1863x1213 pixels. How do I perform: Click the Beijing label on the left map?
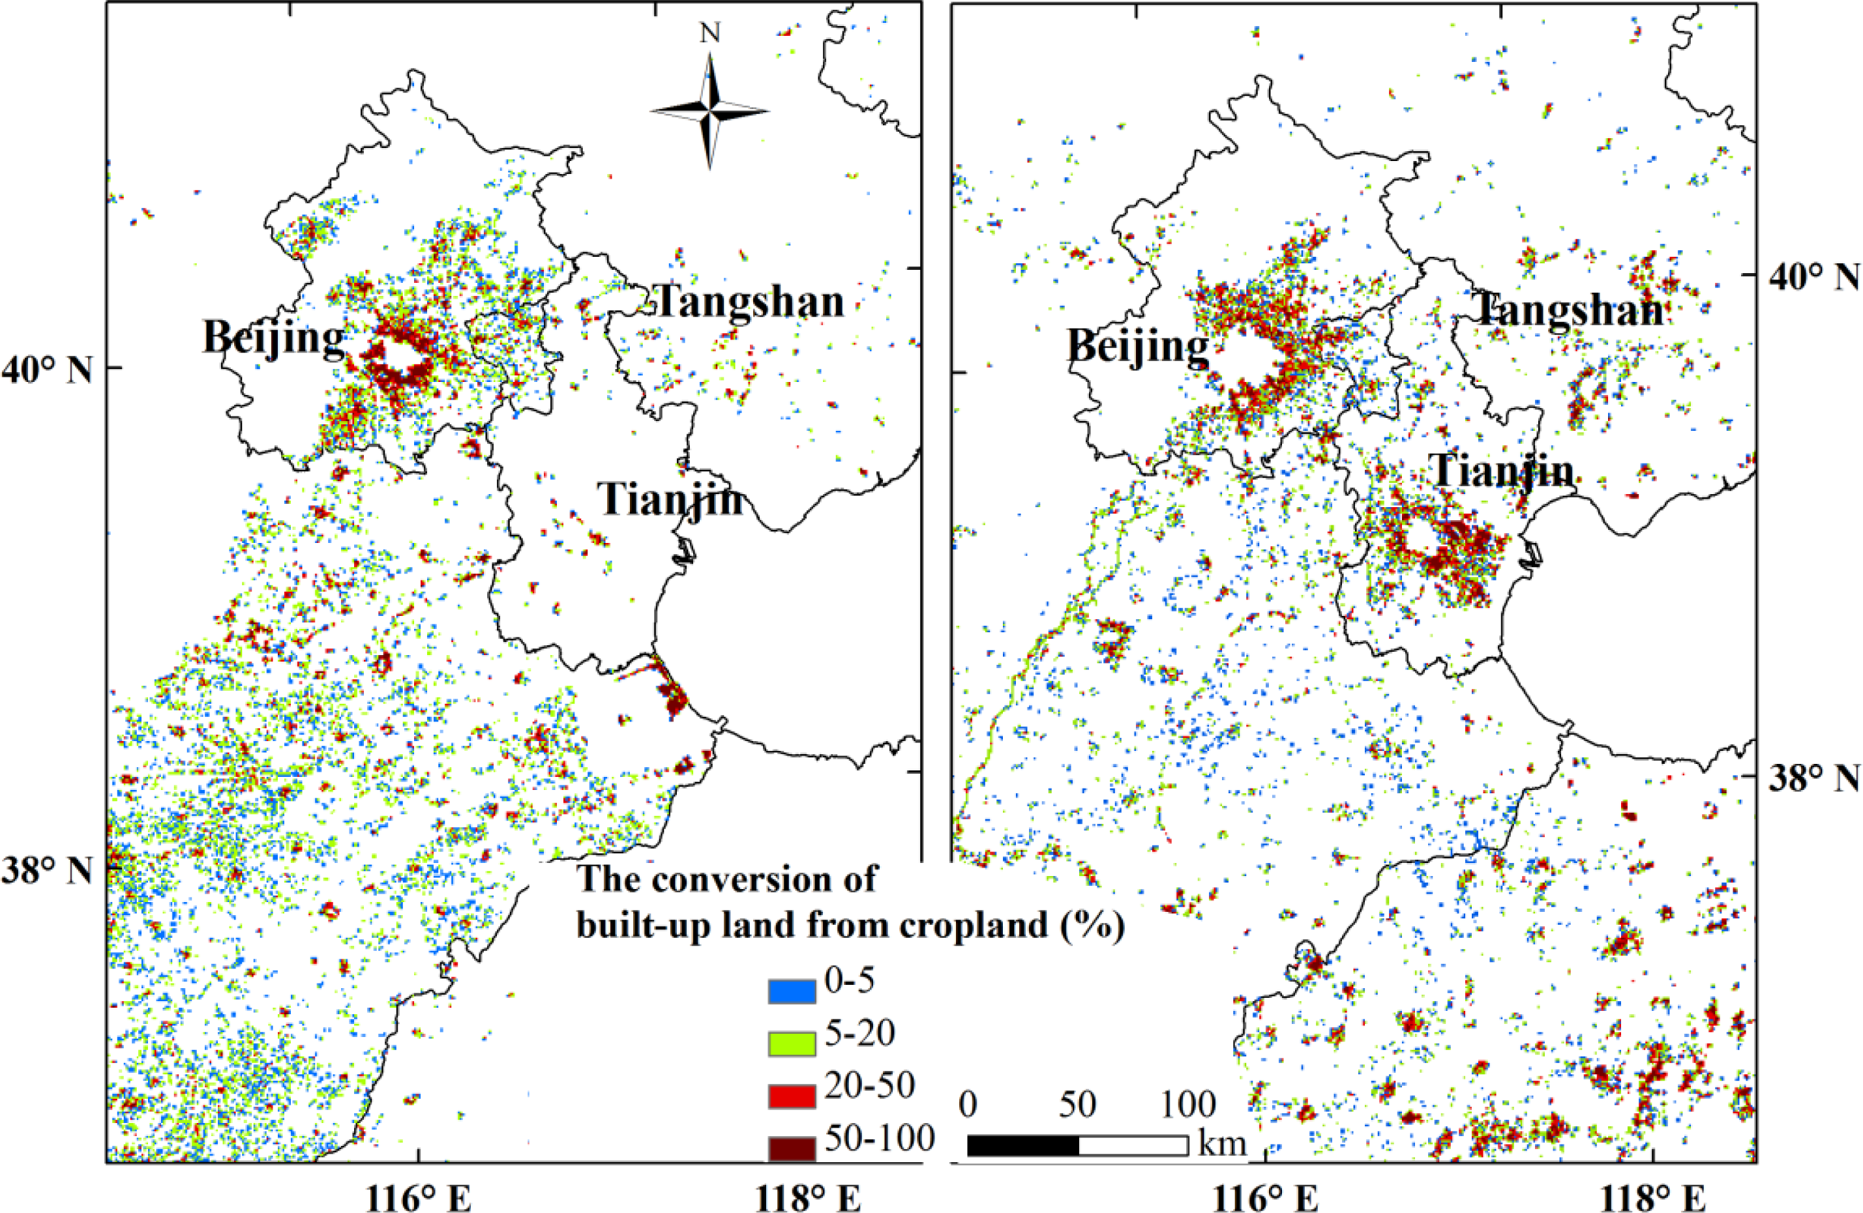click(x=273, y=337)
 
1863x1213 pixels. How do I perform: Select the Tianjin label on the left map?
click(x=670, y=499)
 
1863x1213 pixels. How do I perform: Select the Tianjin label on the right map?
click(x=1502, y=471)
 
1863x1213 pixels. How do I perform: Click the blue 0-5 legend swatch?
click(x=792, y=991)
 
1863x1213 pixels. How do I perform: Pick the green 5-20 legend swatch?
click(x=792, y=1043)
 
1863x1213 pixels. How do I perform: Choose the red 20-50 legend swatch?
click(x=792, y=1096)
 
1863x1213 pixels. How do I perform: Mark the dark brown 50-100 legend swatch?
click(x=792, y=1148)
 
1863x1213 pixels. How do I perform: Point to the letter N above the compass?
click(x=709, y=33)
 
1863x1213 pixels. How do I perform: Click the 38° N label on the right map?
click(x=1813, y=778)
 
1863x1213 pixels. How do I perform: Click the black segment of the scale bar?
click(x=1023, y=1147)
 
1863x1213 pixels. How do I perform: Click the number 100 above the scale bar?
click(x=1187, y=1104)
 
